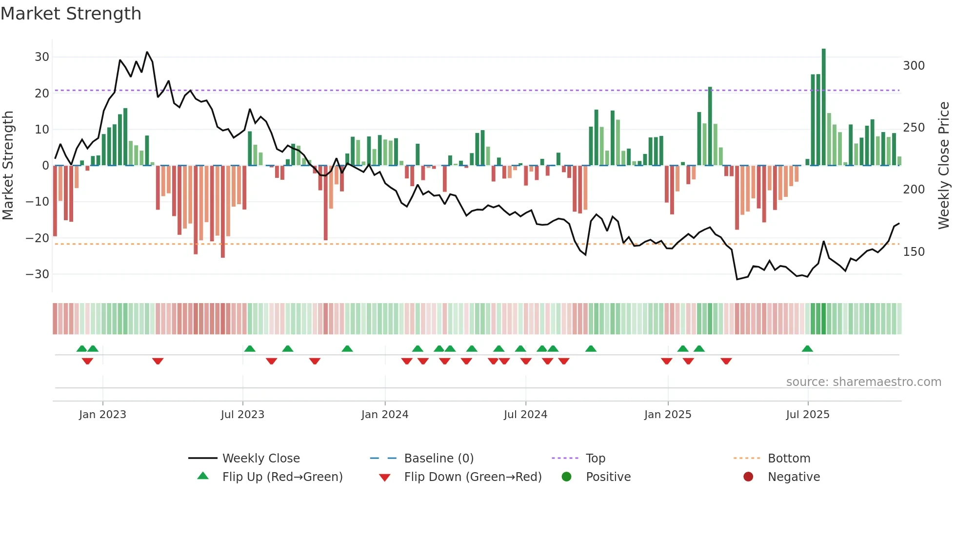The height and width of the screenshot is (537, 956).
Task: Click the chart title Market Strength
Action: (x=71, y=14)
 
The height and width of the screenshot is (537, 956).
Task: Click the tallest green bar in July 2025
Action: (x=824, y=107)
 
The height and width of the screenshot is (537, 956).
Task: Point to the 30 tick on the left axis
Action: (x=42, y=57)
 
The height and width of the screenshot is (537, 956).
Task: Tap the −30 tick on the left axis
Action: (x=38, y=274)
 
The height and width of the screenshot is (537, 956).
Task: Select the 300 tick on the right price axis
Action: (x=914, y=66)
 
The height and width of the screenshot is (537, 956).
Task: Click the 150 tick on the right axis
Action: (x=914, y=252)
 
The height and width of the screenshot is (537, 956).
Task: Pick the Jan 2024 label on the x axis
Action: (x=385, y=415)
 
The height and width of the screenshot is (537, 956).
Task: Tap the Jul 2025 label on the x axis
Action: (x=808, y=415)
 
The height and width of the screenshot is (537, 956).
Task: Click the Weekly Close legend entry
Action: (x=260, y=459)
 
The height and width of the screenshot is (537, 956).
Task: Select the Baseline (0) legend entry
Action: (x=438, y=459)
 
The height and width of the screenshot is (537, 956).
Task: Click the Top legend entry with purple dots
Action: (x=595, y=459)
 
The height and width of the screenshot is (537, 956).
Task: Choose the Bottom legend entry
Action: (x=789, y=459)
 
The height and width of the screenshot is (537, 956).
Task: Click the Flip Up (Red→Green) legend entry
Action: (x=282, y=477)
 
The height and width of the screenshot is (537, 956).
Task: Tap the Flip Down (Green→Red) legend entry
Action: (x=472, y=477)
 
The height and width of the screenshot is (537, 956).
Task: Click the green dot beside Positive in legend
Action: (x=566, y=477)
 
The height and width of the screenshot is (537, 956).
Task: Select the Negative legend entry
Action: (x=794, y=477)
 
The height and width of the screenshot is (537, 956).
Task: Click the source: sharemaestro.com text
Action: (x=863, y=382)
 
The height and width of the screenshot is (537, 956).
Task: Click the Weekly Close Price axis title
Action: (x=944, y=166)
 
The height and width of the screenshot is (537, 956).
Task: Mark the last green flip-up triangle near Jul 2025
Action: (x=807, y=349)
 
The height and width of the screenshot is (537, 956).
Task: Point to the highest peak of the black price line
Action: (x=147, y=52)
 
